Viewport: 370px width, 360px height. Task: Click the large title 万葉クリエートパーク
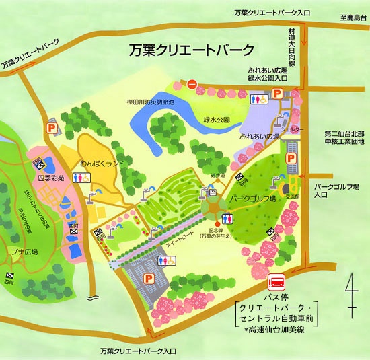click(192, 50)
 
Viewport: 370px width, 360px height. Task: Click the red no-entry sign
click(192, 85)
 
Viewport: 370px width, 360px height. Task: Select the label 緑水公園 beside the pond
click(217, 119)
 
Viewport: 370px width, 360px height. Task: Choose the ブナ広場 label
click(25, 252)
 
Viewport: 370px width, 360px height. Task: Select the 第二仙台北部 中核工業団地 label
click(343, 137)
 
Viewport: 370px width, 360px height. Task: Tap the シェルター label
click(291, 126)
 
